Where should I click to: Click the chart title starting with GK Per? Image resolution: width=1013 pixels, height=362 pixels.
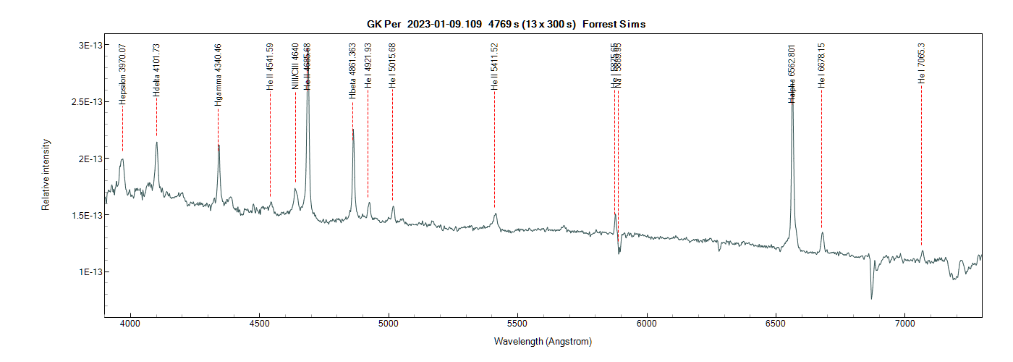506,24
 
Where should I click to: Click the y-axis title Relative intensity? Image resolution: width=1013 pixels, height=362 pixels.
46,174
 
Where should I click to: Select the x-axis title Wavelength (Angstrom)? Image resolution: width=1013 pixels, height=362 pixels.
543,341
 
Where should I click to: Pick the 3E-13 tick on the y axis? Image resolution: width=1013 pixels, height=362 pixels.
88,45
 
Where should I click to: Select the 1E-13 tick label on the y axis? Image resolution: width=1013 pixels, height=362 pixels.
88,271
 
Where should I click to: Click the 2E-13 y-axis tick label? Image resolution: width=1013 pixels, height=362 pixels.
88,159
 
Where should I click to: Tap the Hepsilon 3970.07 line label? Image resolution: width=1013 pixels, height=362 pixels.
123,74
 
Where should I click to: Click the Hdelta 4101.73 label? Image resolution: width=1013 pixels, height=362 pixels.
156,70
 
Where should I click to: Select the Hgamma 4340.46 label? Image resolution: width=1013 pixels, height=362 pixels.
218,75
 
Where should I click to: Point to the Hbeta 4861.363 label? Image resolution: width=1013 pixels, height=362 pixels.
352,71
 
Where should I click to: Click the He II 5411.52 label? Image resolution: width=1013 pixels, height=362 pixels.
495,66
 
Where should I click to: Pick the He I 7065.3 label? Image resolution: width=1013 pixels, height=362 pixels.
921,63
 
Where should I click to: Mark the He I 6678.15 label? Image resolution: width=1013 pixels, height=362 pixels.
821,66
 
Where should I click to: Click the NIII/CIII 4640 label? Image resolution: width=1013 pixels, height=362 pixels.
295,66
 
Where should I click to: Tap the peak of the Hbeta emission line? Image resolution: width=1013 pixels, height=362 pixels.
353,130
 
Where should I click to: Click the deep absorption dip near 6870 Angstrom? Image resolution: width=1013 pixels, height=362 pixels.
871,298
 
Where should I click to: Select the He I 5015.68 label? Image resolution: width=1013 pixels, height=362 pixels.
392,66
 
